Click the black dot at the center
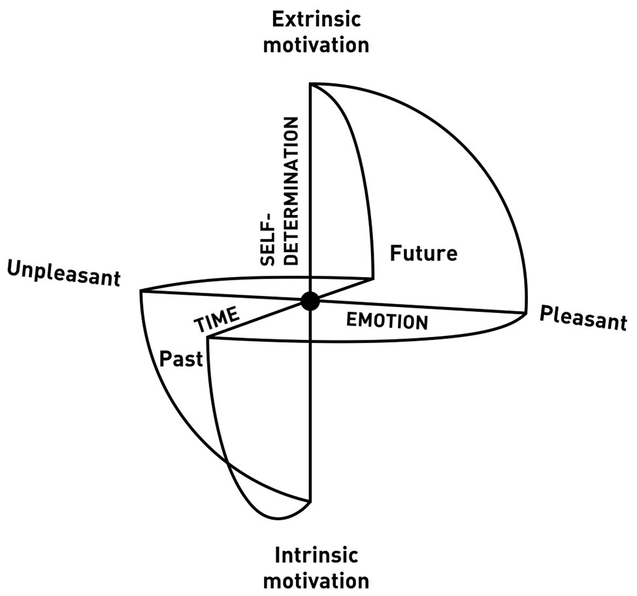pos(310,302)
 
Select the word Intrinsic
pos(316,555)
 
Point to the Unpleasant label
pos(64,273)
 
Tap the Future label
pos(423,253)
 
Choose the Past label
pos(181,359)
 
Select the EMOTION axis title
pos(387,320)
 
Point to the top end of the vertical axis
pos(311,84)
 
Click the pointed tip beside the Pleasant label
pos(526,313)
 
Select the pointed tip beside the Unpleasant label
pos(140,291)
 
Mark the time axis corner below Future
pos(373,280)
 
